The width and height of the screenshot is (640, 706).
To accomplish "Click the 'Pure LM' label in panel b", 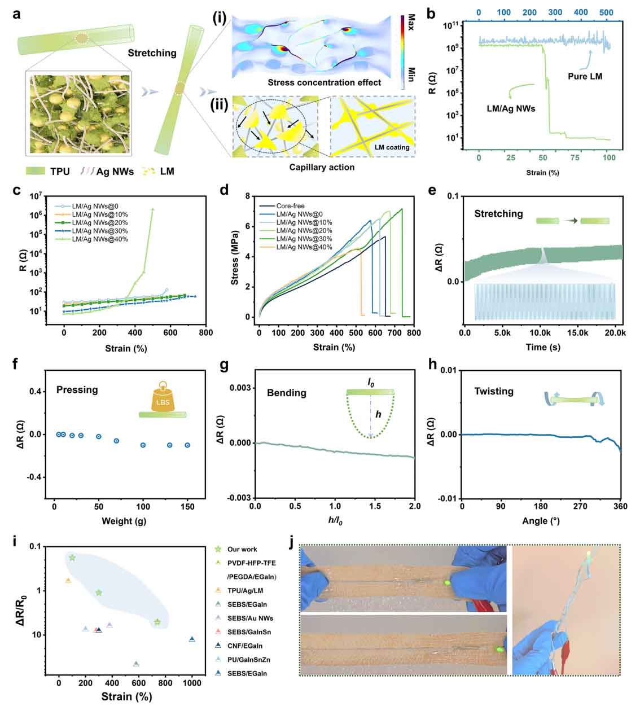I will coord(585,76).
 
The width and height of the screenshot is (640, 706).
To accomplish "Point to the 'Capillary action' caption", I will coord(322,167).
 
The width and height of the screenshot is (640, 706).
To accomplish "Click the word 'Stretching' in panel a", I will coord(152,53).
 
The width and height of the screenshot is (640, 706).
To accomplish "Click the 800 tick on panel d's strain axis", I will coord(414,333).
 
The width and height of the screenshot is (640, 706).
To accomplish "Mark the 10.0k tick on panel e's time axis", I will coord(540,333).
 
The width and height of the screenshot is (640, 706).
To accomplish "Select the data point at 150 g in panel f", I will coord(187,445).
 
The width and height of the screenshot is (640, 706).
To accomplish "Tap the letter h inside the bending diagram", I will coord(378,415).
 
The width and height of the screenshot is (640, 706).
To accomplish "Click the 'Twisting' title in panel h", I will coord(494,391).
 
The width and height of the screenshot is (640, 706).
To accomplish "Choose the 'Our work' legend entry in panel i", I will coord(242,549).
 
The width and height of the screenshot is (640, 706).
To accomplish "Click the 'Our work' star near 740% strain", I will coord(157,622).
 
